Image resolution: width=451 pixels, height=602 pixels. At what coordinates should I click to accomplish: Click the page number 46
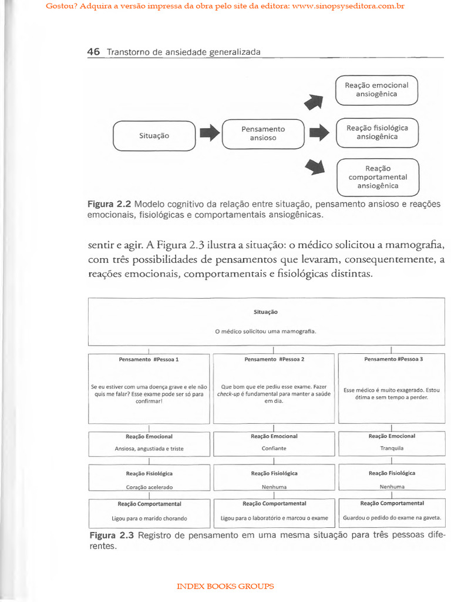pos(93,52)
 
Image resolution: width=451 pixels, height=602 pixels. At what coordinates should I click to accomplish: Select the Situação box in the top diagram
pos(154,136)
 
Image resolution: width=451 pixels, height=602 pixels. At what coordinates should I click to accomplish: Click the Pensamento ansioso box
pos(263,133)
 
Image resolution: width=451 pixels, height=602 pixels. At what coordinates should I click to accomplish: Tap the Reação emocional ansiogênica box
pos(376,90)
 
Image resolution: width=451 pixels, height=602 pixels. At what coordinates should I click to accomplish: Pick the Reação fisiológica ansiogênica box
pos(376,132)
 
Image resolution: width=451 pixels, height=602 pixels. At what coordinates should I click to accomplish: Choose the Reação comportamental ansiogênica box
pos(378,177)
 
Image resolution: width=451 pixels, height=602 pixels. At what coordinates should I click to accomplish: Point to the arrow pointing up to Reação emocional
pos(315,102)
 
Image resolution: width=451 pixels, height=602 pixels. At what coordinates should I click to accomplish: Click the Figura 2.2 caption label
pos(109,205)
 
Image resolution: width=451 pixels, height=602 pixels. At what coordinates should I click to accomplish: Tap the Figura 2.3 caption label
pos(112,535)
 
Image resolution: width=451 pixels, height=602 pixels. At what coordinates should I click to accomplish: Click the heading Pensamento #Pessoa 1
pos(149,359)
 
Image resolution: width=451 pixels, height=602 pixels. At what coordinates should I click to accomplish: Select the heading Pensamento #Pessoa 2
pos(274,359)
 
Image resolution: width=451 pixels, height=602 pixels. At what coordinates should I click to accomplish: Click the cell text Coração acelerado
pos(149,487)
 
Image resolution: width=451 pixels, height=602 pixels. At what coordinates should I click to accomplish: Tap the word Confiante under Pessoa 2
pos(274,448)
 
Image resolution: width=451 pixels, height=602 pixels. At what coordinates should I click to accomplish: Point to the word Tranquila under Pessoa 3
pos(392,448)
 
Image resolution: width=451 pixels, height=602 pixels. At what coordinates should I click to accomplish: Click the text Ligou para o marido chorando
pos(149,519)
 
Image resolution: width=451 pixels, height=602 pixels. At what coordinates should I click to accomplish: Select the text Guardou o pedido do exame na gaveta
pos(392,519)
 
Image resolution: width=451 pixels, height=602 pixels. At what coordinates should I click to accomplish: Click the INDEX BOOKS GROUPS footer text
pos(225,586)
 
